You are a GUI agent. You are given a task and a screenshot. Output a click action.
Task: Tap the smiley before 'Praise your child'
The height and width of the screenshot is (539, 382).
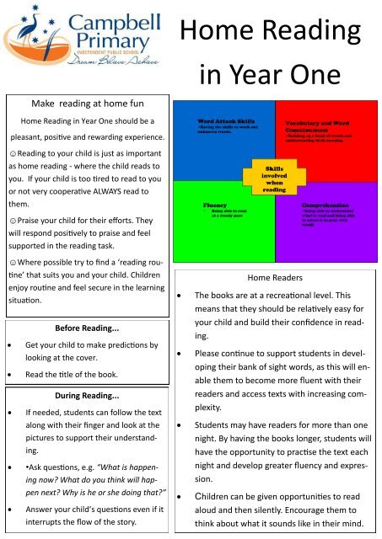click(11, 221)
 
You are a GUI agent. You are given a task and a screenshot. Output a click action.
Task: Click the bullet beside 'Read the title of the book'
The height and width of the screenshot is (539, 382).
click(11, 374)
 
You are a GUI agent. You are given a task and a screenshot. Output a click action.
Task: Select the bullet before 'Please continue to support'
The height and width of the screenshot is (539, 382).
click(180, 356)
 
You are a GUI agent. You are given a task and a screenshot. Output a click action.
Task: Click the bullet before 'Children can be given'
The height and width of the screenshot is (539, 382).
click(180, 497)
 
